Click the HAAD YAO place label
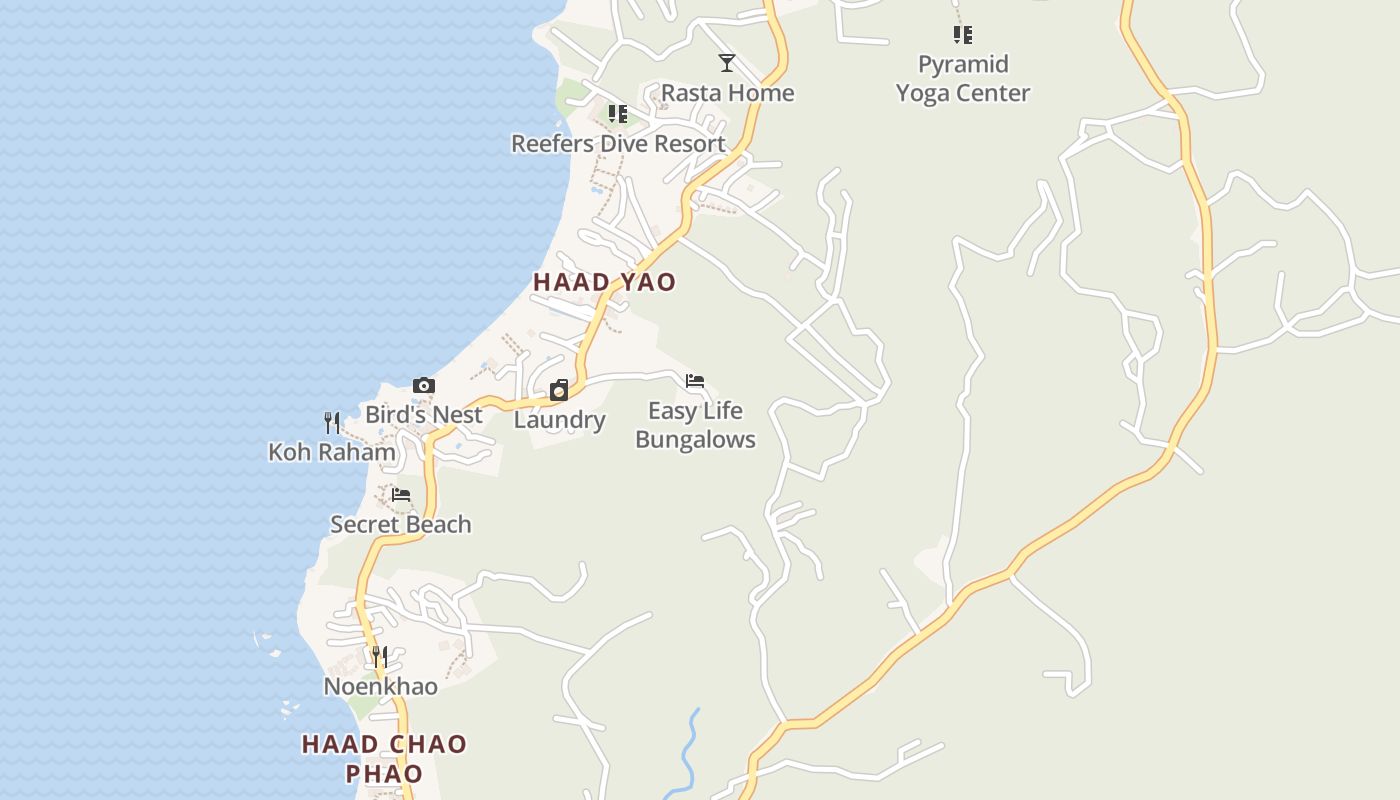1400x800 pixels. pyautogui.click(x=604, y=282)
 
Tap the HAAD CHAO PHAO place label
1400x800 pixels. pyautogui.click(x=384, y=758)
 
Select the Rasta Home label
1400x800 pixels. pyautogui.click(x=727, y=93)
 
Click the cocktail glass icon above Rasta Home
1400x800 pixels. pyautogui.click(x=727, y=63)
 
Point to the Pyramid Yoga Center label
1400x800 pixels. pyautogui.click(x=962, y=78)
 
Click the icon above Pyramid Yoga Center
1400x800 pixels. pyautogui.click(x=962, y=35)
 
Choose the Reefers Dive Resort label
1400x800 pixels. pyautogui.click(x=618, y=143)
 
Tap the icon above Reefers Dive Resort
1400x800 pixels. pyautogui.click(x=618, y=114)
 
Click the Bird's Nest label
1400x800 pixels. pyautogui.click(x=423, y=414)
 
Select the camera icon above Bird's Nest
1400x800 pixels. pyautogui.click(x=423, y=386)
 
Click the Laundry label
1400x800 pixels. pyautogui.click(x=559, y=420)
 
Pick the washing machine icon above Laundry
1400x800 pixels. pyautogui.click(x=559, y=390)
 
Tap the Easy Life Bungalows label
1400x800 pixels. pyautogui.click(x=695, y=425)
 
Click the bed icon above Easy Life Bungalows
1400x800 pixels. pyautogui.click(x=695, y=381)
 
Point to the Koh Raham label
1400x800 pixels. pyautogui.click(x=332, y=452)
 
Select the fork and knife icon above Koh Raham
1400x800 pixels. pyautogui.click(x=332, y=422)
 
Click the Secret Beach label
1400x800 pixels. pyautogui.click(x=400, y=524)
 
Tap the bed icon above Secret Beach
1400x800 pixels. pyautogui.click(x=400, y=494)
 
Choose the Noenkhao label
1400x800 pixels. pyautogui.click(x=380, y=686)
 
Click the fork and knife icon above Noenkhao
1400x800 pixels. pyautogui.click(x=380, y=656)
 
